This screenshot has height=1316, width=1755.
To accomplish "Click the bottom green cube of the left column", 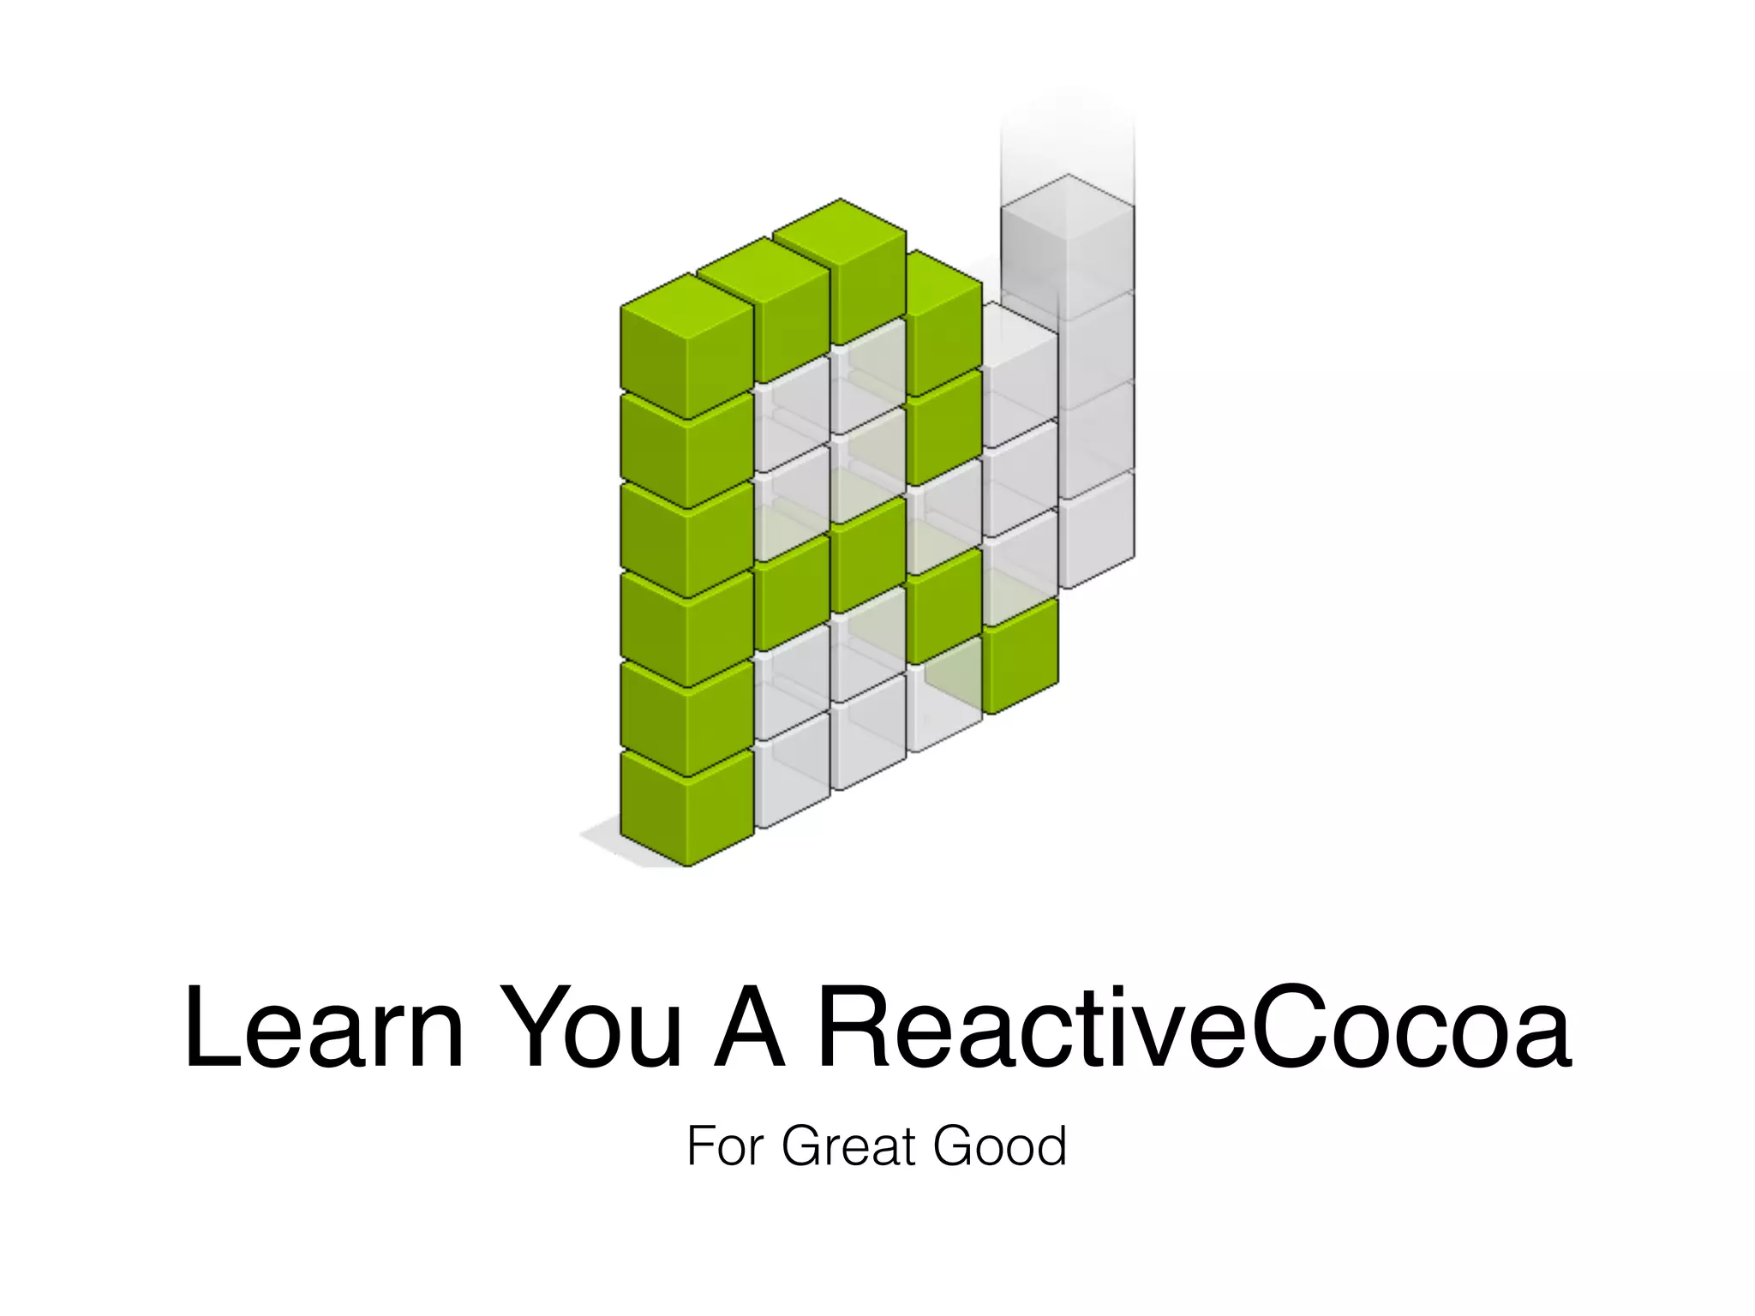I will (x=686, y=810).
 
